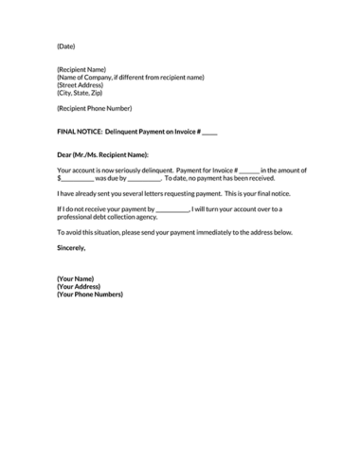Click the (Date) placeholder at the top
point(65,45)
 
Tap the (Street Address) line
point(81,85)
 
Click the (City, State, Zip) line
point(80,93)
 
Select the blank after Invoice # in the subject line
point(209,132)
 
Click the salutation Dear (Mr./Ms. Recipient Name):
point(102,153)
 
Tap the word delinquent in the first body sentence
point(153,170)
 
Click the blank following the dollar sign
point(77,178)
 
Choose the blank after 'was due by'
point(144,178)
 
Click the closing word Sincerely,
point(71,248)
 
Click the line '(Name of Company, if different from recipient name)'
point(130,78)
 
